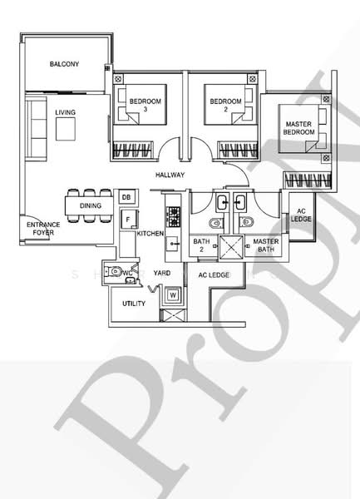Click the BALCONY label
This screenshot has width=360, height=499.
64,64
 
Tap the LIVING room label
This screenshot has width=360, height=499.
66,111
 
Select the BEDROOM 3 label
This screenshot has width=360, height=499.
145,105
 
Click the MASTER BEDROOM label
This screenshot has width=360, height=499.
298,128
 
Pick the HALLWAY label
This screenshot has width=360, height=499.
170,175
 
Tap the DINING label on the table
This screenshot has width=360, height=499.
91,205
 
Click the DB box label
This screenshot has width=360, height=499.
126,196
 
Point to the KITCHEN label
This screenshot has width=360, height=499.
150,235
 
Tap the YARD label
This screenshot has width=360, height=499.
161,273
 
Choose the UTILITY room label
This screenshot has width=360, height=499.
134,304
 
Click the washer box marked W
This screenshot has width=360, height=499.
174,294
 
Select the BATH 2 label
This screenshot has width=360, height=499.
202,245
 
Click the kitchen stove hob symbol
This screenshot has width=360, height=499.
175,216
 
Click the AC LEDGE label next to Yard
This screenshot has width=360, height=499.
214,274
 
